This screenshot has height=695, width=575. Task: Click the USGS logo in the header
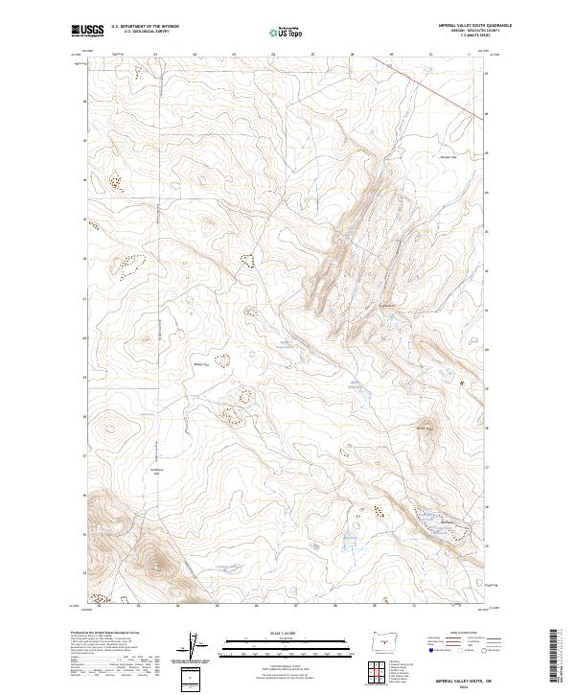(x=87, y=31)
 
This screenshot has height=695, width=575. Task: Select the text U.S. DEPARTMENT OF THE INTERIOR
(x=145, y=26)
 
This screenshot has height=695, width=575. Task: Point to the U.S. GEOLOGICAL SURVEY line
(x=145, y=31)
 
